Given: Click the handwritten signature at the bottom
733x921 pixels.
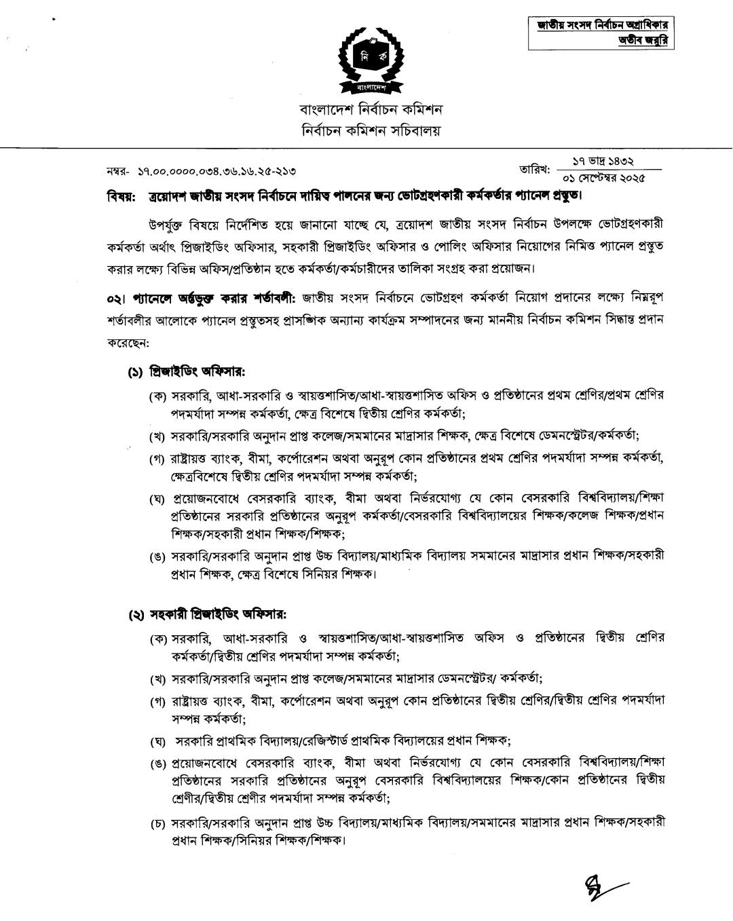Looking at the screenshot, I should point(601,884).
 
